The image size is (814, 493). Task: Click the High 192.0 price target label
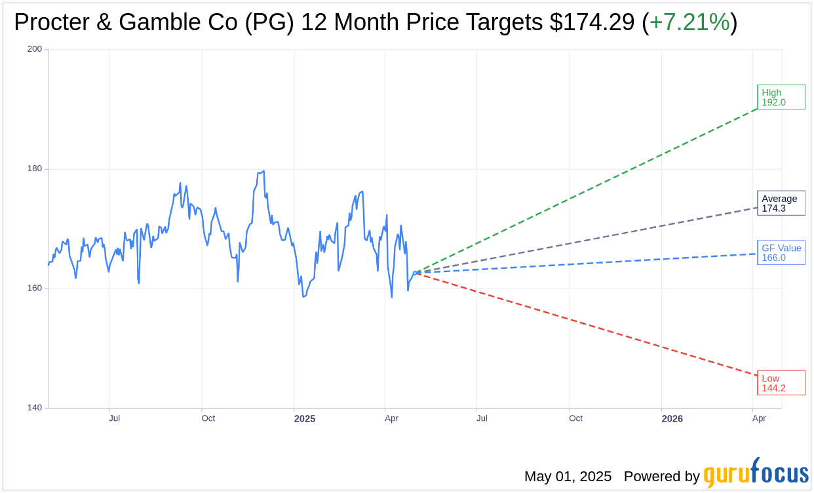[781, 97]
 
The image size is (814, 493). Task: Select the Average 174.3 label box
[781, 203]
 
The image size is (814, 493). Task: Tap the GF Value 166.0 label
[781, 252]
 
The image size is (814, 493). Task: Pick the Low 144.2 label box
[781, 383]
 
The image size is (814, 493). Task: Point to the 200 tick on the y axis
[35, 49]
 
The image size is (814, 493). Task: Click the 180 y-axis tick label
[35, 168]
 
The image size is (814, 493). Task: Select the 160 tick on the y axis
[35, 288]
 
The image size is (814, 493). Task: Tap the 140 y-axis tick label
[35, 408]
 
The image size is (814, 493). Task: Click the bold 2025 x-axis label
[304, 419]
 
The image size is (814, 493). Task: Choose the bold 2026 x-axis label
[672, 419]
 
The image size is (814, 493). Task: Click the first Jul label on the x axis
[114, 418]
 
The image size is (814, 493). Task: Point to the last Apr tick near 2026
[759, 418]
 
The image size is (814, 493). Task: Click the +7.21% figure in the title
[689, 22]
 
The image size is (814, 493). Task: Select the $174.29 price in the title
[592, 22]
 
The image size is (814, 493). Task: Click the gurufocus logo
[756, 473]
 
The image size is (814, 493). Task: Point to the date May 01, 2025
[568, 477]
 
